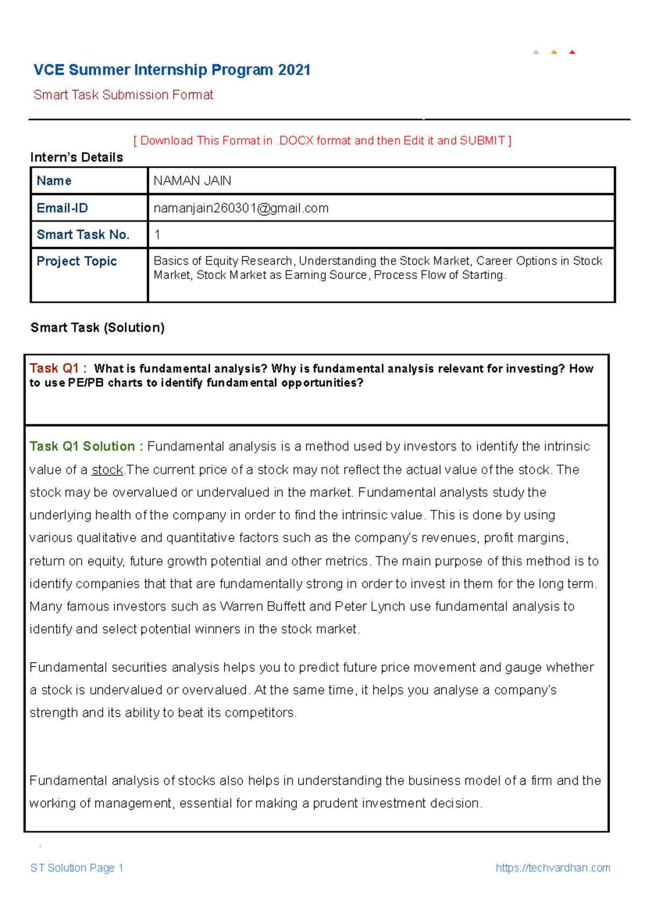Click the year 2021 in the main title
[x=294, y=70]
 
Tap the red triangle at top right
[x=572, y=52]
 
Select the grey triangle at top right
[x=536, y=52]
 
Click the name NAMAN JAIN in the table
[x=192, y=181]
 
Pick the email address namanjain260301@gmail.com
[x=241, y=208]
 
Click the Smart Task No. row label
[x=83, y=234]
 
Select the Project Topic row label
[x=76, y=261]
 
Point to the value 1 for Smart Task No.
[x=157, y=234]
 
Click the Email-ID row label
[x=62, y=208]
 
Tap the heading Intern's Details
[x=76, y=157]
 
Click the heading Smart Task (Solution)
[x=97, y=327]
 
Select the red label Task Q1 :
[x=58, y=368]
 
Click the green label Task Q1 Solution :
[x=86, y=446]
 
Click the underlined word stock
[x=107, y=470]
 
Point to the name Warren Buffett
[x=263, y=607]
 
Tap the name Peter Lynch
[x=370, y=607]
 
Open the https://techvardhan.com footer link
[x=553, y=868]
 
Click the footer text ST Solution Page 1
[x=77, y=868]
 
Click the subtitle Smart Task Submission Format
[x=123, y=95]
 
